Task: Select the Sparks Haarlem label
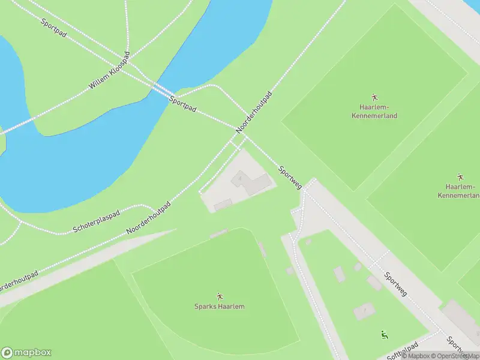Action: tap(219, 307)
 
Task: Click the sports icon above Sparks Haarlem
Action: tap(219, 296)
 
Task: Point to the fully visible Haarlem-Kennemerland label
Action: tap(374, 111)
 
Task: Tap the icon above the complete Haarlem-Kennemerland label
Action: tap(374, 97)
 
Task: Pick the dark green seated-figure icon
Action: tap(384, 334)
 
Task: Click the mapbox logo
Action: tap(26, 352)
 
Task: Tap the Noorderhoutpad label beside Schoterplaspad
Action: tap(149, 218)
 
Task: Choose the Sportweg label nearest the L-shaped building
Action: tap(290, 176)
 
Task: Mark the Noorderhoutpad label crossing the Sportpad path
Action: tap(254, 112)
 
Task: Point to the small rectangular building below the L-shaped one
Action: tap(223, 205)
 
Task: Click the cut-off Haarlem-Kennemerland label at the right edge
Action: tap(460, 191)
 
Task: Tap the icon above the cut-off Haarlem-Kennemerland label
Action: tap(460, 177)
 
